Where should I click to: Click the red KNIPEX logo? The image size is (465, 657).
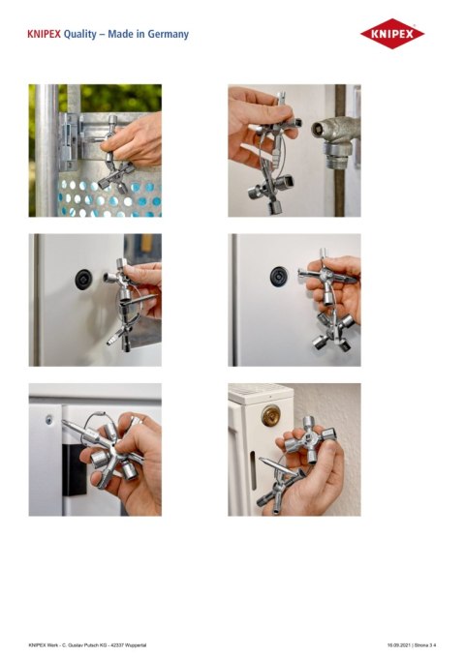point(392,34)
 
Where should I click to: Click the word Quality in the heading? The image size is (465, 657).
point(80,34)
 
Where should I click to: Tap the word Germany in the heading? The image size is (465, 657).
point(165,34)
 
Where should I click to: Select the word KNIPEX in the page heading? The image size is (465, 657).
point(45,34)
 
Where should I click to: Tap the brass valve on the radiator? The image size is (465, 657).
point(269,416)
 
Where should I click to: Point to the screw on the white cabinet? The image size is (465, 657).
point(47,420)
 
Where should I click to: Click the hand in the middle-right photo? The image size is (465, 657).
point(344,290)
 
